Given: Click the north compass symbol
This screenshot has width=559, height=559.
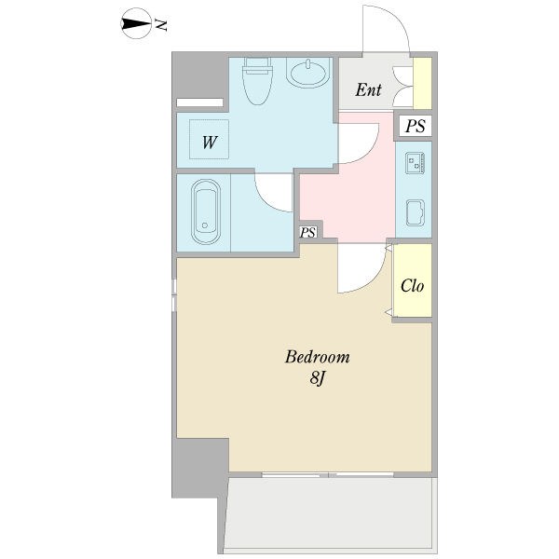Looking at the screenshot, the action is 136,23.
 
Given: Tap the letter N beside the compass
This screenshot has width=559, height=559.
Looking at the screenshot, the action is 161,25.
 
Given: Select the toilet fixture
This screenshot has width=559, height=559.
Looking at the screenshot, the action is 257,81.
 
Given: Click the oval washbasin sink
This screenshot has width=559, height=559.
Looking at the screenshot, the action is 308,74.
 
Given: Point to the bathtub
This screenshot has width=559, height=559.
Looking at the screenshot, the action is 206,211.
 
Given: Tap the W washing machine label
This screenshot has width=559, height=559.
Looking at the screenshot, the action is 210,143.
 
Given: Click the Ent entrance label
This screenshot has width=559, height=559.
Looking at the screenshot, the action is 368,89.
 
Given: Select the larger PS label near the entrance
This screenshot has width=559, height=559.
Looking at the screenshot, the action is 416,126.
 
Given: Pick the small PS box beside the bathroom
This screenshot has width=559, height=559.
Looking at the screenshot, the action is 308,232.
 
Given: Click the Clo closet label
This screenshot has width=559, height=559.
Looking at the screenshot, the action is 412,286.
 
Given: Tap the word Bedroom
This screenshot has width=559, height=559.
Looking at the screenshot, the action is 317,357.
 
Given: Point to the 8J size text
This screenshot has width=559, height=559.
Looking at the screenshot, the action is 318,378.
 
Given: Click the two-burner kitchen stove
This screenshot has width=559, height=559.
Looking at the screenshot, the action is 415,163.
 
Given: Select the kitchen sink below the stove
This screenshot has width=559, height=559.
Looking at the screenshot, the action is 415,212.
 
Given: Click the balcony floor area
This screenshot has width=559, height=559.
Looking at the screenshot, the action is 330,512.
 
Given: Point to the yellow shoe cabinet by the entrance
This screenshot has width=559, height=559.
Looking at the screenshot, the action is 422,83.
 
